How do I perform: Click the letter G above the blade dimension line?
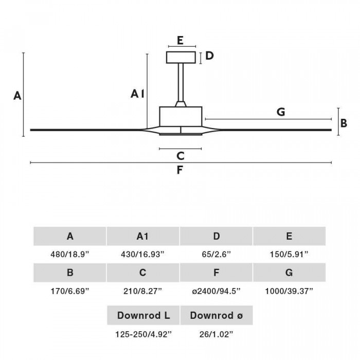(x=281, y=112)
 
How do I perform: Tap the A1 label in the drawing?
(x=137, y=94)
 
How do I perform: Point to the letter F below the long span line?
(x=180, y=170)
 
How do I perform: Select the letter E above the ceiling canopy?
(x=180, y=41)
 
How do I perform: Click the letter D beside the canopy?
(x=209, y=56)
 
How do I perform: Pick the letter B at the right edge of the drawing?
(x=344, y=123)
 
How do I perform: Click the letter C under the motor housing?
(x=181, y=156)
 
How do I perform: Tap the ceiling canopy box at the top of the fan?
(x=181, y=58)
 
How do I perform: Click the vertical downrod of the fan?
(x=181, y=82)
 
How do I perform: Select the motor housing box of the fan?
(x=181, y=117)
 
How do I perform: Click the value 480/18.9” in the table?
(x=70, y=255)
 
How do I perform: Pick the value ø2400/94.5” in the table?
(x=216, y=291)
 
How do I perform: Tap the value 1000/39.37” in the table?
(x=289, y=291)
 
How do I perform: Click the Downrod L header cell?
(x=143, y=315)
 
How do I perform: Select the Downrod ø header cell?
(x=217, y=315)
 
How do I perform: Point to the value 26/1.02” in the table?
(x=216, y=334)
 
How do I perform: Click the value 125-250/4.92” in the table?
(x=143, y=334)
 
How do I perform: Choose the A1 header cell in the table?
(x=143, y=236)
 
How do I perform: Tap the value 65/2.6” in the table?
(x=216, y=255)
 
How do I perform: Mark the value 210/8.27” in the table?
(x=142, y=291)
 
